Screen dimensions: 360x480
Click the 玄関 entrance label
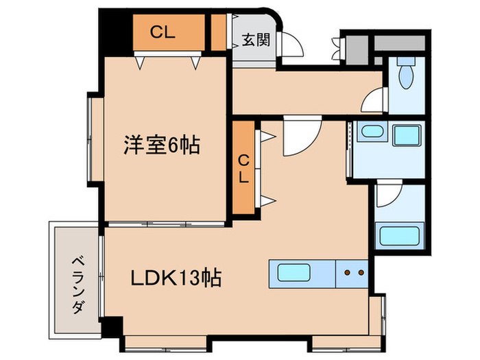point(255,40)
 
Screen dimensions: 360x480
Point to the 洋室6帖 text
point(162,145)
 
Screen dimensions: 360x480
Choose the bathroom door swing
point(388,194)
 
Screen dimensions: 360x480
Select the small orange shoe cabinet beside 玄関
point(218,32)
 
